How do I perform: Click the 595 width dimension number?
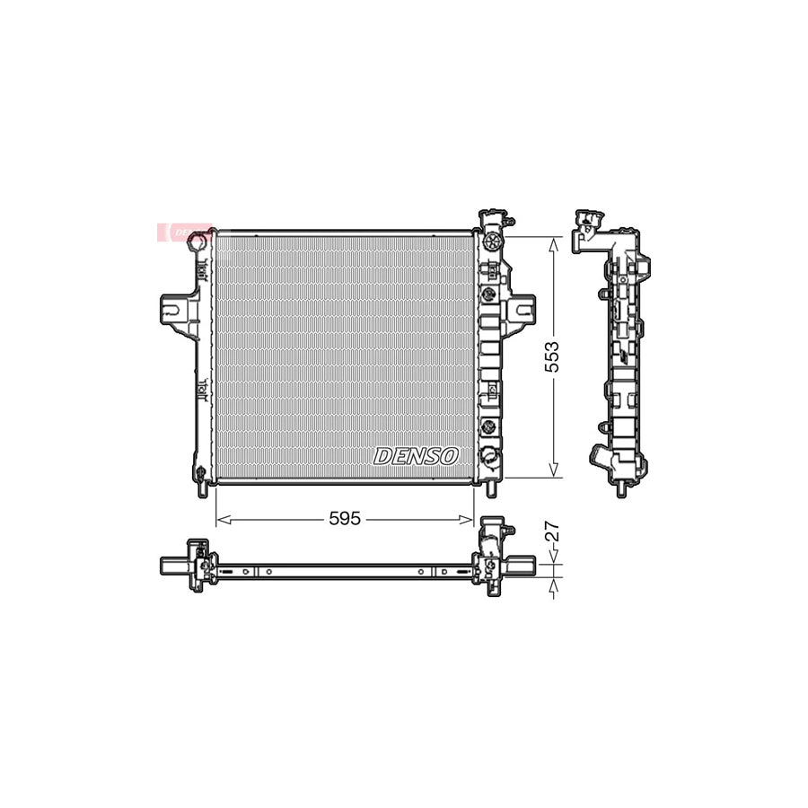coord(346,519)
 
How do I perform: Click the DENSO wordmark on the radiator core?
coord(416,456)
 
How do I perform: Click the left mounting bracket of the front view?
coord(175,311)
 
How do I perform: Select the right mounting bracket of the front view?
coord(520,311)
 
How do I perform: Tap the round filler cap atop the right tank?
coord(490,242)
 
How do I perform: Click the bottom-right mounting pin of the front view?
coord(490,489)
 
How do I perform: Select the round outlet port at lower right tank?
coord(490,455)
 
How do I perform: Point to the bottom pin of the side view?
coord(620,489)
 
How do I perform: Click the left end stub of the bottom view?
coord(171,566)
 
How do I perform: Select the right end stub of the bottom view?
coord(525,566)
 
